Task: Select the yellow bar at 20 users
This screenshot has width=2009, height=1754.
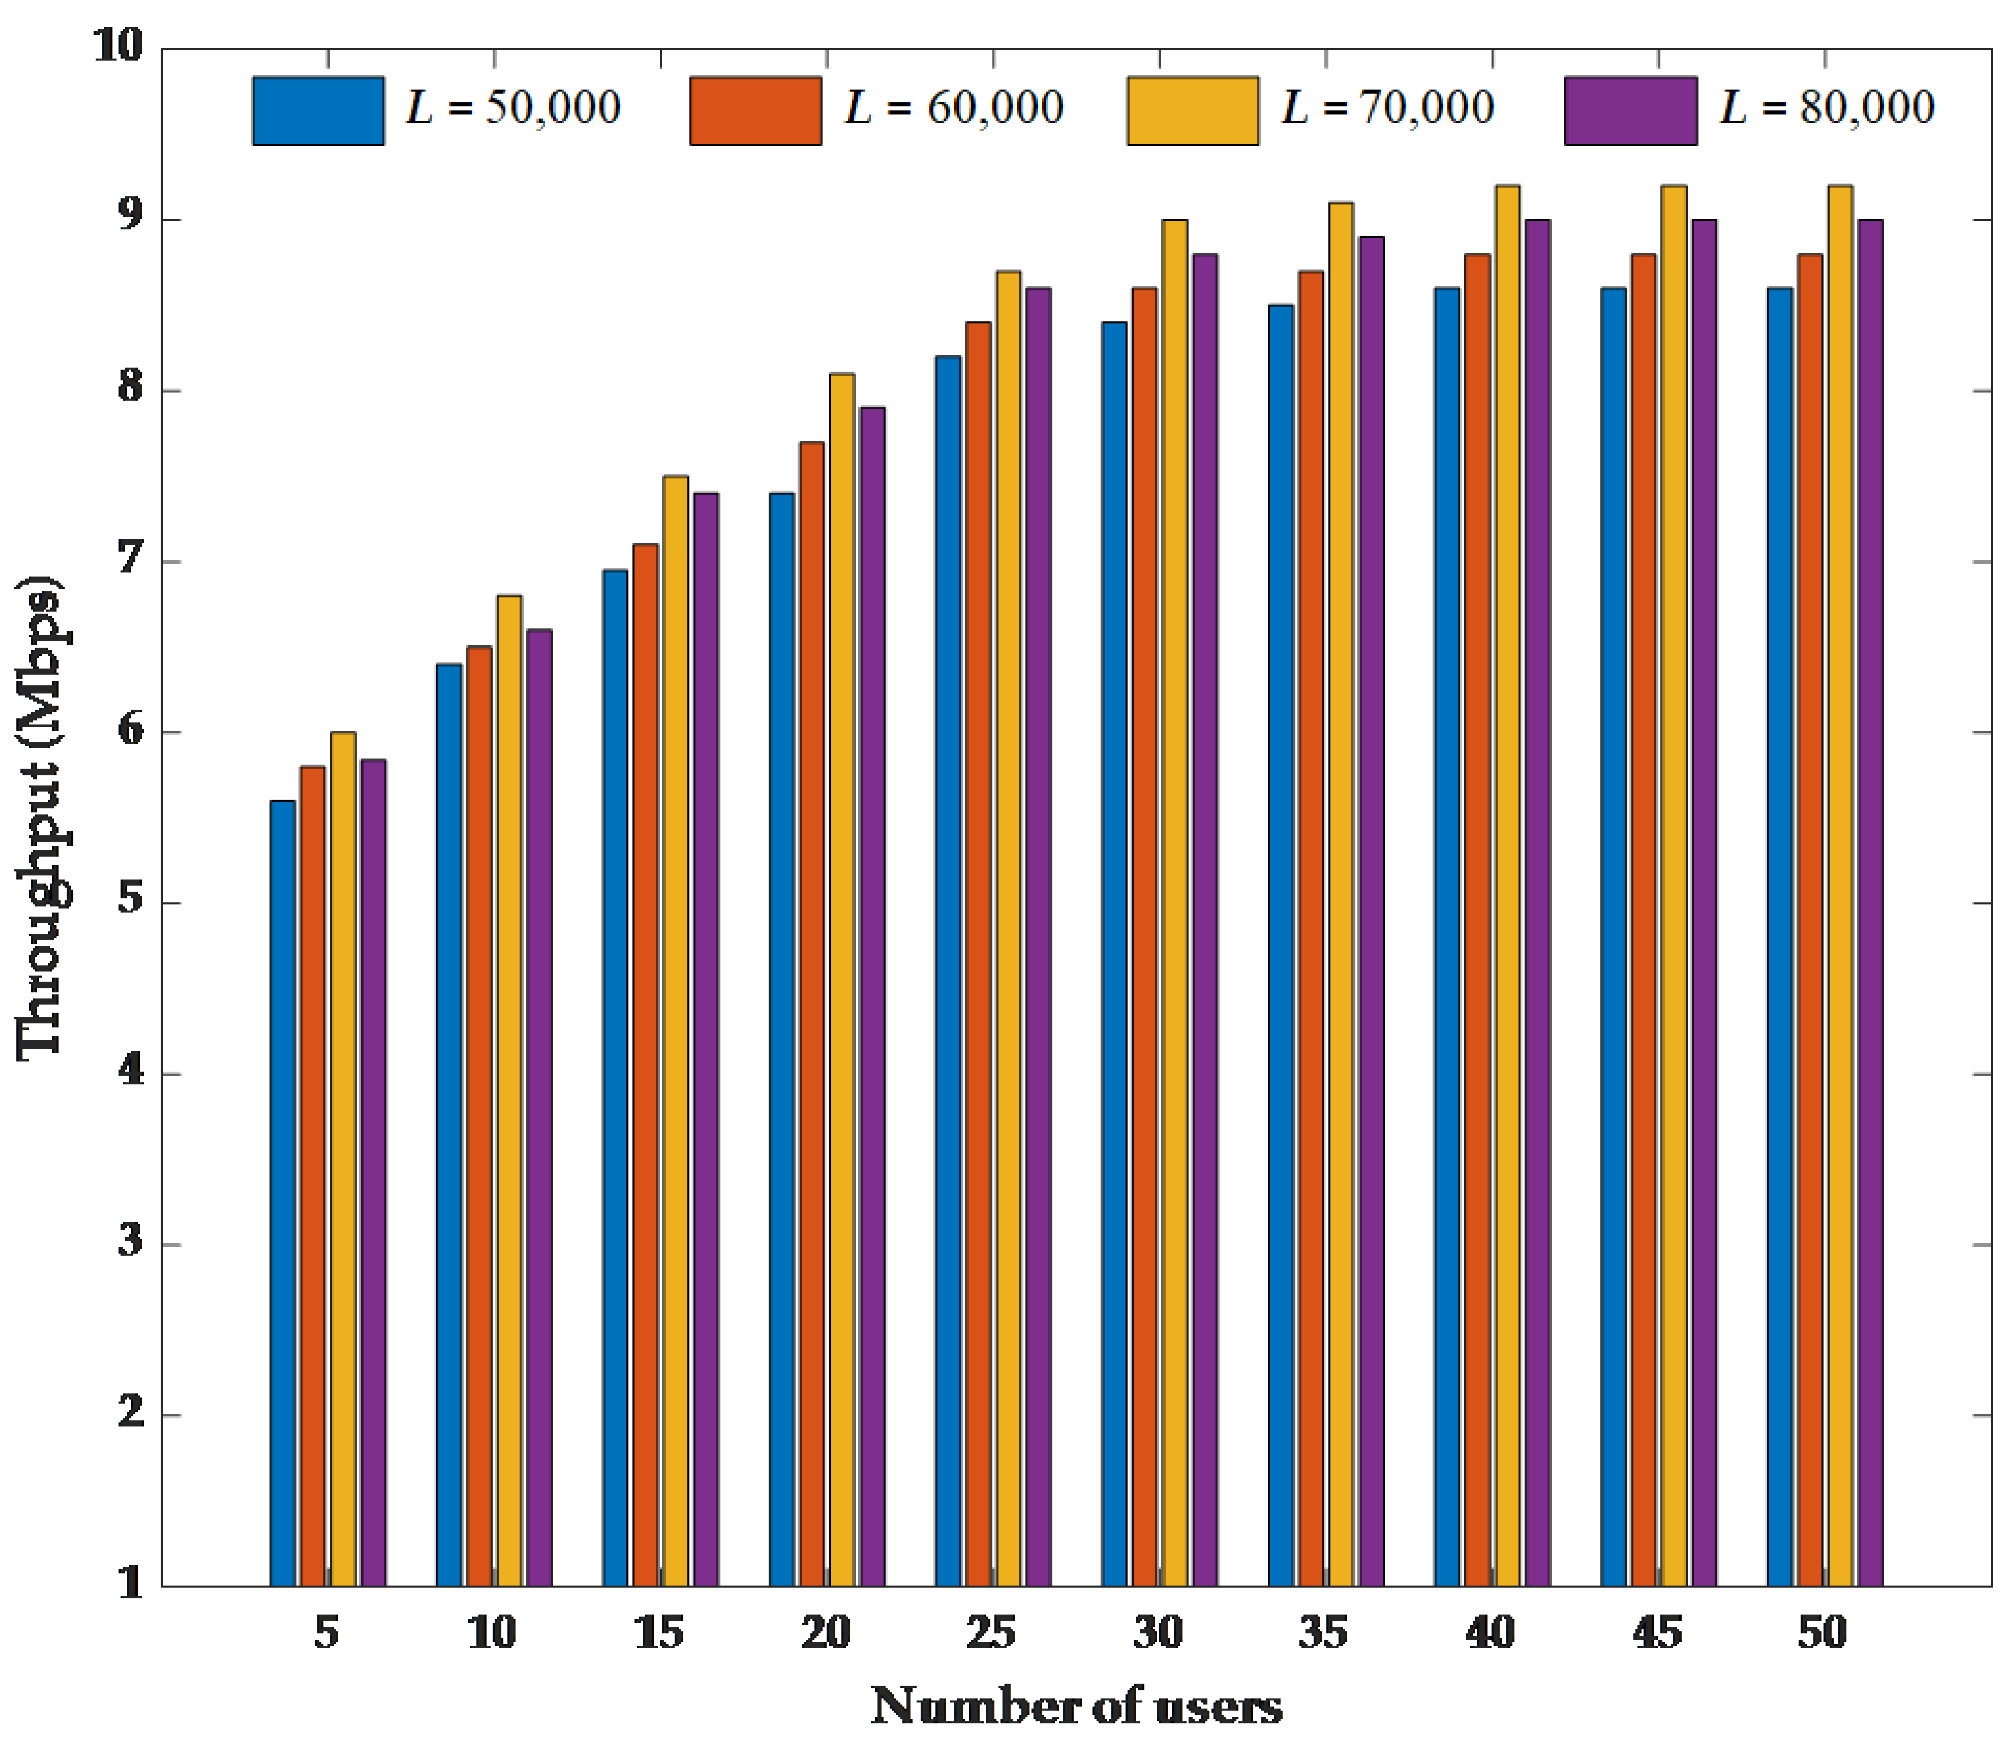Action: point(841,979)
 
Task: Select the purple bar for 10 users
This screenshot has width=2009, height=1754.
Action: point(539,1106)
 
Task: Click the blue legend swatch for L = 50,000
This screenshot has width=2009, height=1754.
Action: point(318,110)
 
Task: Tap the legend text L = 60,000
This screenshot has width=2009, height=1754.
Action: point(954,108)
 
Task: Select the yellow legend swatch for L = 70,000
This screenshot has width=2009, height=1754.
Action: point(1193,110)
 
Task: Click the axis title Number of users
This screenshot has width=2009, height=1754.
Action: point(1076,1706)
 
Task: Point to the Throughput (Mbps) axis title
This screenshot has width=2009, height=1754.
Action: point(41,817)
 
